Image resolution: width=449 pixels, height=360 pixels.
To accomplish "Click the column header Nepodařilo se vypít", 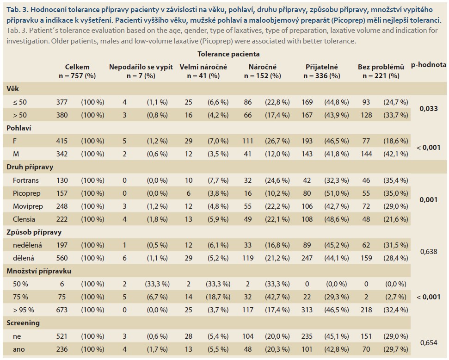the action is (141, 67).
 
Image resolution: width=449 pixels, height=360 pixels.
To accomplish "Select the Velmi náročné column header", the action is (203, 67).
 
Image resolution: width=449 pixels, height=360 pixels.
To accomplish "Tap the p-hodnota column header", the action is (429, 65).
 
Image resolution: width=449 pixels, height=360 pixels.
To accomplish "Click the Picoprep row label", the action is (27, 193).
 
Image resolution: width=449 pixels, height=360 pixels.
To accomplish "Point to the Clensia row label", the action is (24, 219).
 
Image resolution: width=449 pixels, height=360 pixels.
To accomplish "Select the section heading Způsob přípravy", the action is (34, 232).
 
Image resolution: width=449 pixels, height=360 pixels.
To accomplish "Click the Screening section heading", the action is (23, 323).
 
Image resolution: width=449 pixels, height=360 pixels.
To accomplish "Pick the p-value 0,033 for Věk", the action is (429, 109).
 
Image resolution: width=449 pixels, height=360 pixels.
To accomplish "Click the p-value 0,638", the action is (429, 252).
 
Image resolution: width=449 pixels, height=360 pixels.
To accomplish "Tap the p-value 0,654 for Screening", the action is (429, 343).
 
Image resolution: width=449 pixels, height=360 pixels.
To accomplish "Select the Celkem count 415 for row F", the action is (62, 141).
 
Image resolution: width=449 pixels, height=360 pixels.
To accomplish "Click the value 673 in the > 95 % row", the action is (62, 310).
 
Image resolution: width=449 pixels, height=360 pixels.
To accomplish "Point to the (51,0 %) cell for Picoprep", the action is (337, 193).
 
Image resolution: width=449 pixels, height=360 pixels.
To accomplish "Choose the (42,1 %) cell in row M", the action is (396, 154).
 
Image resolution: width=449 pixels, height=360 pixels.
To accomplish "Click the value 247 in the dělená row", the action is (307, 258).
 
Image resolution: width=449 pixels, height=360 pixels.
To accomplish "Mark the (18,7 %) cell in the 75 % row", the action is (218, 297).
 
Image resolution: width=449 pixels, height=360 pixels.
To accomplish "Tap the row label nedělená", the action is (27, 245).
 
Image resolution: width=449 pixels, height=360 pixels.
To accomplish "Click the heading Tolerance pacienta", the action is (228, 54).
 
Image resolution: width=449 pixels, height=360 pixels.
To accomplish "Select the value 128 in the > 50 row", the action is (366, 115).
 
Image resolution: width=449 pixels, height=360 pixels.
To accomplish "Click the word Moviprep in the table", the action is (28, 206).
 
